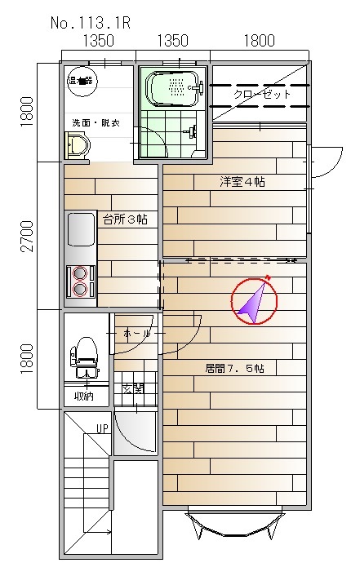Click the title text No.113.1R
[91, 23]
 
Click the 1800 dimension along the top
[259, 41]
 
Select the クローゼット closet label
[262, 95]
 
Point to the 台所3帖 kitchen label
[124, 219]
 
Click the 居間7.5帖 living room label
[234, 368]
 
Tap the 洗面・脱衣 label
[94, 123]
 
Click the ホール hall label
[136, 335]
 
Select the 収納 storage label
[84, 397]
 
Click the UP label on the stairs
[103, 428]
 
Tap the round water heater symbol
[82, 81]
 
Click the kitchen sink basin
[81, 228]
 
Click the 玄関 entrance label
[131, 389]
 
